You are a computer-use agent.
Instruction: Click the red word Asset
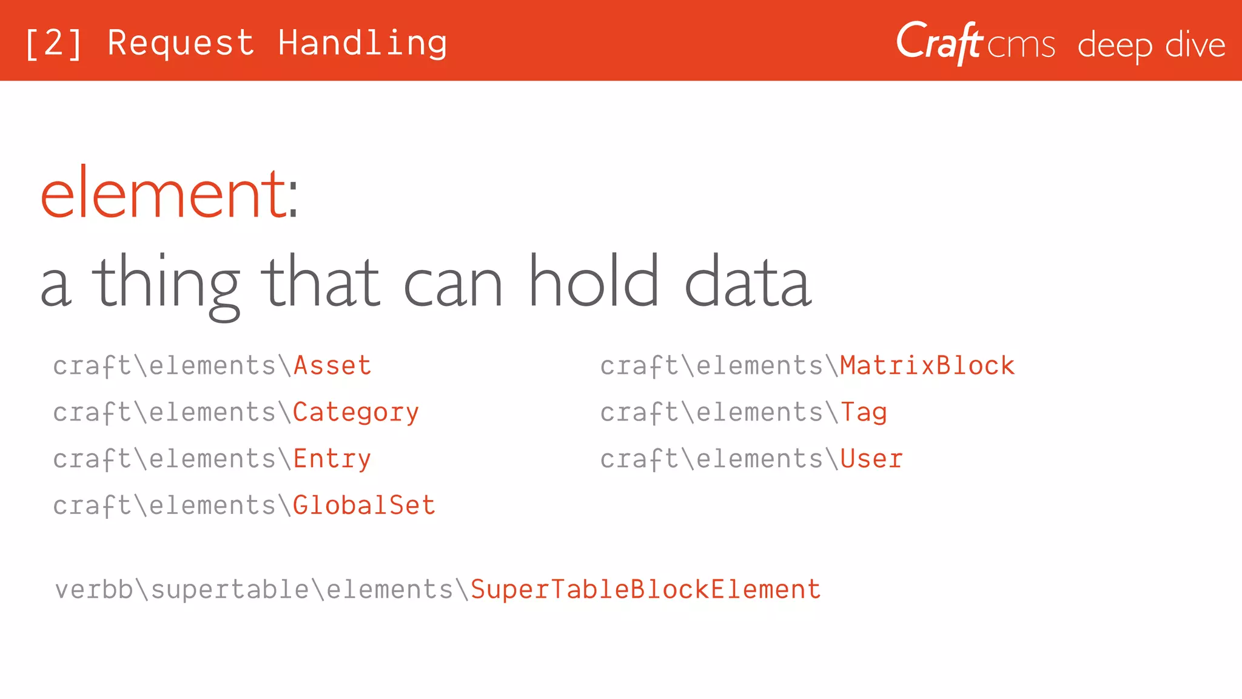[x=332, y=366]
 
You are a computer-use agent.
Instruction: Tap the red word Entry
[x=332, y=459]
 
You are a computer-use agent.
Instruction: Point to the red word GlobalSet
[x=364, y=505]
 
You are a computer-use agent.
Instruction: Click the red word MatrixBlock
[x=927, y=366]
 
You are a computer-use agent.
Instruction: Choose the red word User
[x=871, y=459]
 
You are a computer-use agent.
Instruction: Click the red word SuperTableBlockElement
[x=645, y=590]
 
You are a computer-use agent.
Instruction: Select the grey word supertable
[x=230, y=590]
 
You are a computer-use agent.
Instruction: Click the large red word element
[x=163, y=194]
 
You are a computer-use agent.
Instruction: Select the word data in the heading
[x=747, y=282]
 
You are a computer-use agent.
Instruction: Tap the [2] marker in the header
[x=53, y=43]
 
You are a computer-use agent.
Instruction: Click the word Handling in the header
[x=363, y=43]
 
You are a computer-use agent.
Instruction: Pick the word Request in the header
[x=181, y=43]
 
